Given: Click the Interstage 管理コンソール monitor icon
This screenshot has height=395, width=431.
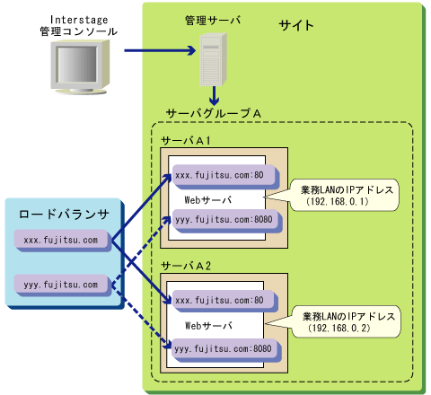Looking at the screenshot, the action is click(80, 67).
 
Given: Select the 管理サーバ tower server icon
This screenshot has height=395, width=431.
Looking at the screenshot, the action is click(213, 59).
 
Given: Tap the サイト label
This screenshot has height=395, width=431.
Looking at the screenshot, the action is click(296, 25).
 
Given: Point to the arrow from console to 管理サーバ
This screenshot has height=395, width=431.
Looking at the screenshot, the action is click(160, 50).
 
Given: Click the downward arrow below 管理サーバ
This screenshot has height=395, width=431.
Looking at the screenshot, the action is click(214, 95).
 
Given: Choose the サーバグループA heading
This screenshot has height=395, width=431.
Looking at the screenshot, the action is click(214, 113).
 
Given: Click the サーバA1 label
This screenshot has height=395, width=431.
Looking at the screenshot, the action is click(186, 140).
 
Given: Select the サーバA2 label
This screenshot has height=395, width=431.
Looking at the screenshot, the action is click(186, 266).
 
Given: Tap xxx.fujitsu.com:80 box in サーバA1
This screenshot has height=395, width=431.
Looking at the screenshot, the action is click(225, 176).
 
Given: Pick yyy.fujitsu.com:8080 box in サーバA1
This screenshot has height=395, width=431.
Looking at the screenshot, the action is click(227, 221).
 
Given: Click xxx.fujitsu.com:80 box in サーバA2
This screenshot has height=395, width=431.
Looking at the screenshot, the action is click(225, 302).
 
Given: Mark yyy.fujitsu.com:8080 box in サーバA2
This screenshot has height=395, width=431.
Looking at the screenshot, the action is click(226, 350).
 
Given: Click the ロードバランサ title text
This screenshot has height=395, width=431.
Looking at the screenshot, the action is click(64, 215).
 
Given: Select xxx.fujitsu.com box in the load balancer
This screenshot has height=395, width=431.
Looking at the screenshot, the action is click(63, 241).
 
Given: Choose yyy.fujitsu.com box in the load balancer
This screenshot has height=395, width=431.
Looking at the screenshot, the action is click(63, 285).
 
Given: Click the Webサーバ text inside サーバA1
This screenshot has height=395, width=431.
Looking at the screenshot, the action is click(208, 200).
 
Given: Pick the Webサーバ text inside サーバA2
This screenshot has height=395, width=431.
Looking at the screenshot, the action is click(208, 326).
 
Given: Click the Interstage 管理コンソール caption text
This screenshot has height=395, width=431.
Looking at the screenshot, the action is click(79, 26).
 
